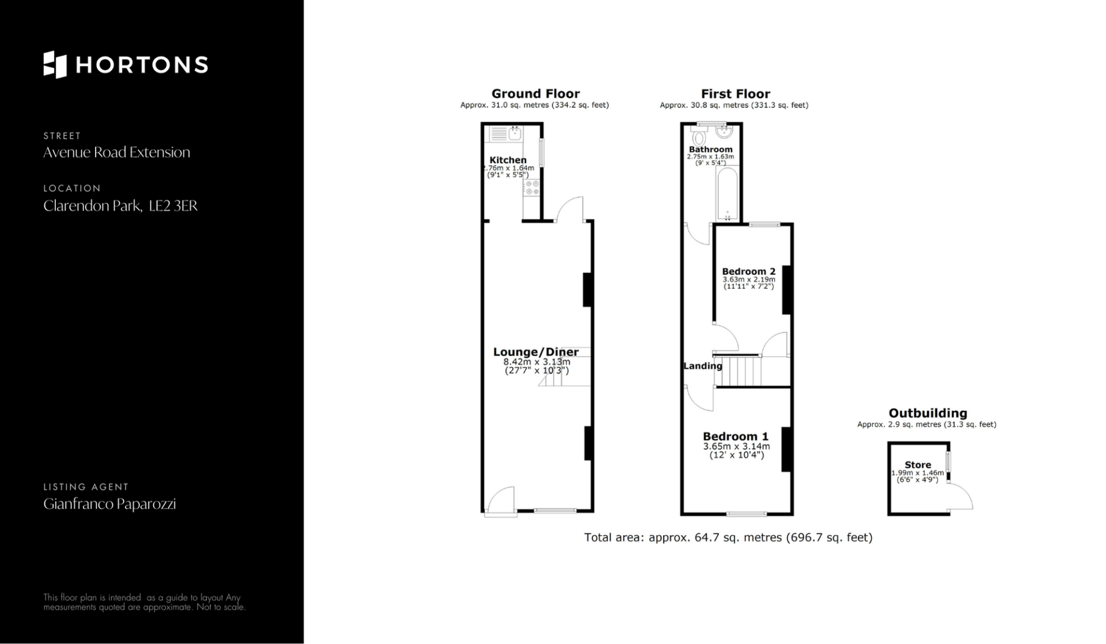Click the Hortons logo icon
(55, 64)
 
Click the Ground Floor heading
(535, 94)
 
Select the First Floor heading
(735, 94)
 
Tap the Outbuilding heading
(927, 413)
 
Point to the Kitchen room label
(507, 160)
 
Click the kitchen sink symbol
(506, 134)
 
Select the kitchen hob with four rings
(532, 188)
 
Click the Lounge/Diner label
(536, 352)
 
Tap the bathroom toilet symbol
(699, 137)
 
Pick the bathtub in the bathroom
(728, 194)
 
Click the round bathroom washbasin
(724, 132)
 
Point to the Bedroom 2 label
(748, 271)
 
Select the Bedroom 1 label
(736, 436)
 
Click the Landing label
(703, 365)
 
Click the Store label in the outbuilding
(918, 465)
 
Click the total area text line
(728, 538)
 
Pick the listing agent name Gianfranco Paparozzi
(109, 504)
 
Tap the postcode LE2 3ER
(173, 205)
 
